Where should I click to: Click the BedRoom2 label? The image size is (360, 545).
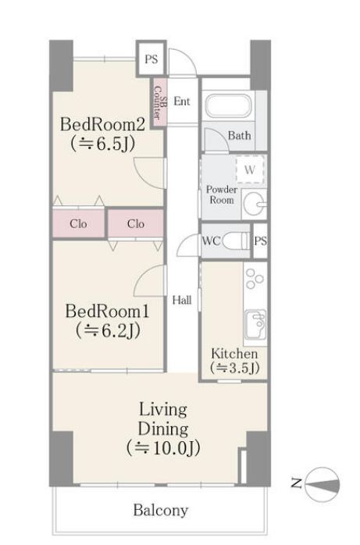102,124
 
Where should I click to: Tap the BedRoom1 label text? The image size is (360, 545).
107,311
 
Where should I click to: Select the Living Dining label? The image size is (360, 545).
163,419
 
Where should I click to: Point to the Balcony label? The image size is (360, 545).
161,510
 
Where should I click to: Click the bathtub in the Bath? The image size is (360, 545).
228,105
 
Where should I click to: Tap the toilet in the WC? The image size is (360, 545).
236,240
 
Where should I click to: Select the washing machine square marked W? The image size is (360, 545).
250,170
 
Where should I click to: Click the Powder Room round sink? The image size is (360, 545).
254,204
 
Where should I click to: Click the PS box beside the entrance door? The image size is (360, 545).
151,59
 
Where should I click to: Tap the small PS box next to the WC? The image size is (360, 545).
260,240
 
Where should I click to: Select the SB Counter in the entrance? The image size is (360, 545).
160,102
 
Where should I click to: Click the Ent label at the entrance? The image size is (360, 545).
182,102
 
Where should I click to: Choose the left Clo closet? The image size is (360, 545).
79,223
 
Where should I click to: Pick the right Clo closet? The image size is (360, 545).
136,223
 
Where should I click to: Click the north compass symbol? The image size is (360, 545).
322,484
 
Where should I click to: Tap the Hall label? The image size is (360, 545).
182,300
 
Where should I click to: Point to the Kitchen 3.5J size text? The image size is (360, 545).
235,368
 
